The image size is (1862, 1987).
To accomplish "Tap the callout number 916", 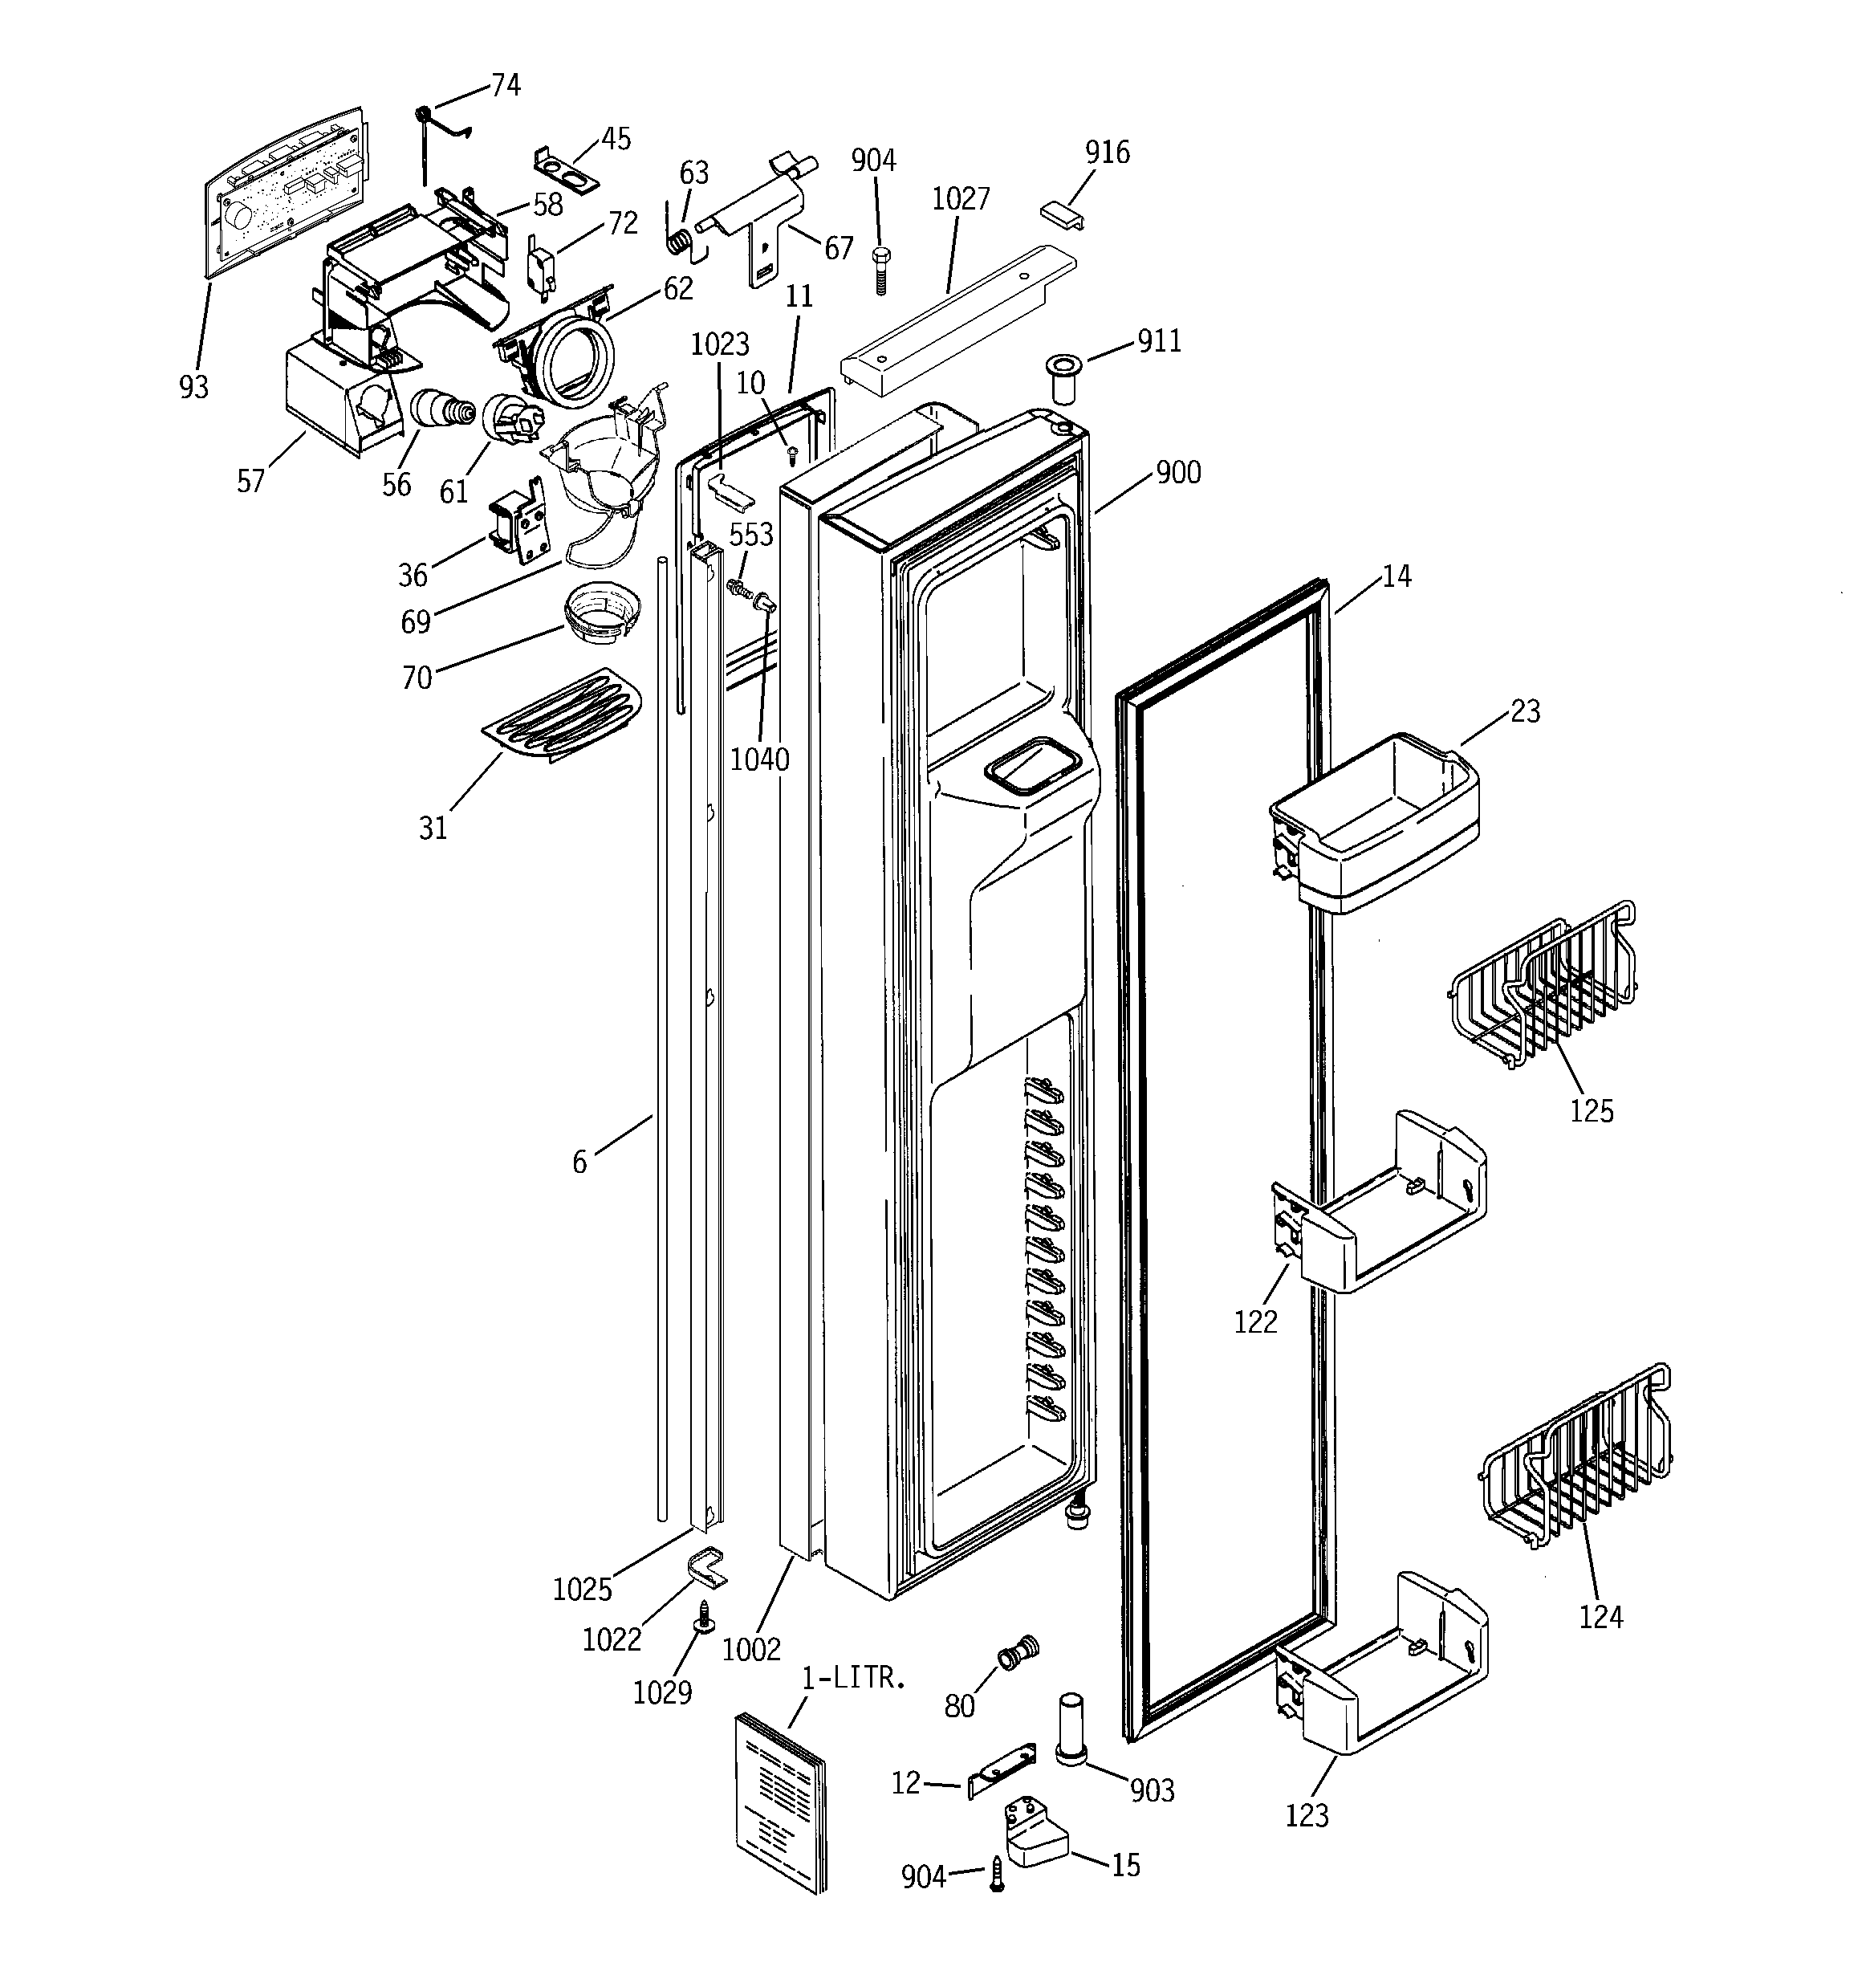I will click(x=1107, y=152).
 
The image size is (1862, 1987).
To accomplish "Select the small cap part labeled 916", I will click(x=1060, y=214).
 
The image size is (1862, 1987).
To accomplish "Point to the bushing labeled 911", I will click(x=1063, y=377).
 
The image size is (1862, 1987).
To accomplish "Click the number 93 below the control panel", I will click(x=194, y=387).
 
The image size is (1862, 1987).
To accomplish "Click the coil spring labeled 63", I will click(x=680, y=241).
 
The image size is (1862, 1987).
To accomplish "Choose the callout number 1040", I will click(x=758, y=759).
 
